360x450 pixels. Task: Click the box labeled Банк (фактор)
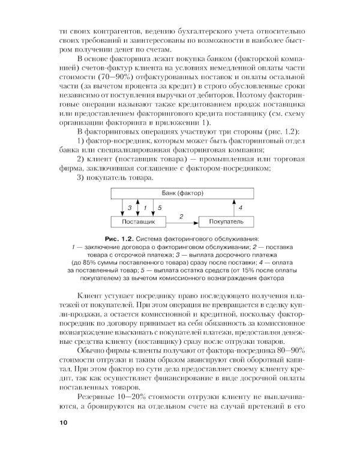[x=182, y=194]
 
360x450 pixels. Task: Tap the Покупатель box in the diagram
[x=226, y=221]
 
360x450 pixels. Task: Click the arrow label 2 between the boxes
[x=181, y=214]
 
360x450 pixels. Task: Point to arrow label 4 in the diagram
[x=240, y=207]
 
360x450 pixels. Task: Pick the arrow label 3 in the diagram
[x=128, y=207]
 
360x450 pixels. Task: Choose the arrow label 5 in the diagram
[x=160, y=207]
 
